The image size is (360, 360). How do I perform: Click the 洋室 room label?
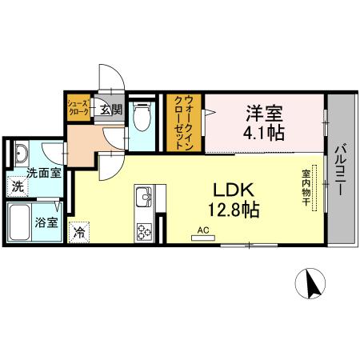click(x=263, y=113)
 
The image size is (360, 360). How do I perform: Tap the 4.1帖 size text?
click(x=263, y=132)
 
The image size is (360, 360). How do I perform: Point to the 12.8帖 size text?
click(x=233, y=211)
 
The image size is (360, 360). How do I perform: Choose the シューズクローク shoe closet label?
click(x=78, y=108)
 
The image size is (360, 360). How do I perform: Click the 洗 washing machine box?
click(x=18, y=187)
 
